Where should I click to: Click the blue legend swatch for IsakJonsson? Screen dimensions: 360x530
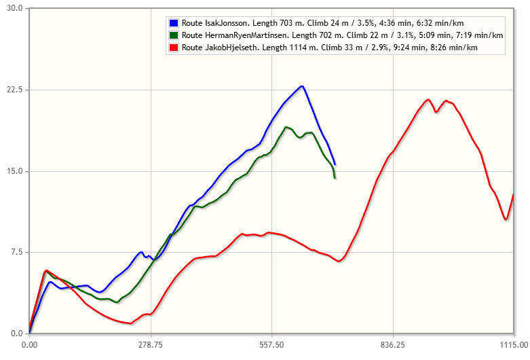click(174, 23)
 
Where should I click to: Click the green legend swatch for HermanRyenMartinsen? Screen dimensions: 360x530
click(174, 35)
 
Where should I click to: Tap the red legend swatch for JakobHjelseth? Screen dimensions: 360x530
click(174, 48)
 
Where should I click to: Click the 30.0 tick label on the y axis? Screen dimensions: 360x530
click(15, 8)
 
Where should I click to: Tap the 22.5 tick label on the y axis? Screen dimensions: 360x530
click(15, 90)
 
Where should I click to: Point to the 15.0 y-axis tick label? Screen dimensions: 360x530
click(15, 171)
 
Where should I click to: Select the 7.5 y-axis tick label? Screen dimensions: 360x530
click(17, 253)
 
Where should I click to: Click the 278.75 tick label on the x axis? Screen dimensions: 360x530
click(150, 345)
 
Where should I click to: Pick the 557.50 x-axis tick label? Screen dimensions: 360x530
click(271, 345)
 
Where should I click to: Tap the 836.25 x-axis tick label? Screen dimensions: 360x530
click(392, 345)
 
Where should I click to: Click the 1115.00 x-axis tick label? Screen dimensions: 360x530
click(512, 345)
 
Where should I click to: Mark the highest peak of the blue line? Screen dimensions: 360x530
click(301, 86)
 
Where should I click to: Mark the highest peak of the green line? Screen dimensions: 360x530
click(286, 127)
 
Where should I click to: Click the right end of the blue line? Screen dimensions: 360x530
click(335, 164)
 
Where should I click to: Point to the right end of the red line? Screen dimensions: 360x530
click(514, 194)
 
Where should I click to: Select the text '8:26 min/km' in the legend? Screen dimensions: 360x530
click(457, 48)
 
